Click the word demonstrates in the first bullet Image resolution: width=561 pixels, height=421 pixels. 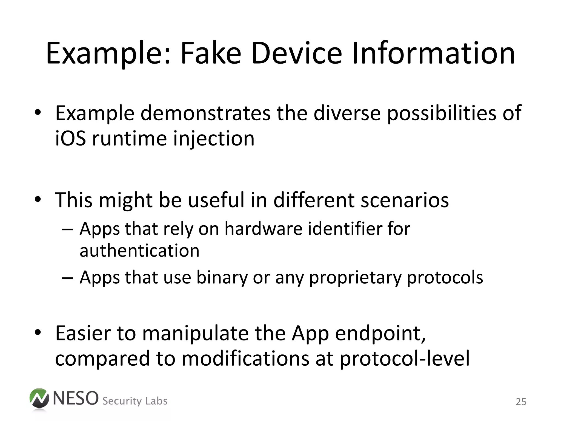[x=205, y=113]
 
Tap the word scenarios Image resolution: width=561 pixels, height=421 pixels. [x=405, y=200]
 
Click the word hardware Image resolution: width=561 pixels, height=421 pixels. [x=263, y=229]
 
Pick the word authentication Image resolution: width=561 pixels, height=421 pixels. [x=139, y=251]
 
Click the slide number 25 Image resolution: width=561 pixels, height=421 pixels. [x=521, y=402]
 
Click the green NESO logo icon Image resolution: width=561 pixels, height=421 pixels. [x=39, y=399]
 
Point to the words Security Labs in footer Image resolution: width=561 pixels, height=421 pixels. [x=135, y=401]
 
